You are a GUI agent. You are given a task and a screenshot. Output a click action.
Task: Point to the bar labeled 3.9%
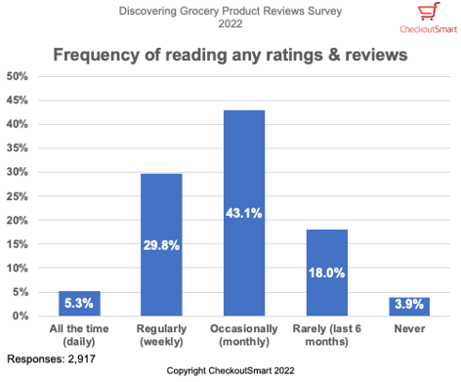pyautogui.click(x=409, y=307)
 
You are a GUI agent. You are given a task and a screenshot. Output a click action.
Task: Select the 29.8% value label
pyautogui.click(x=162, y=246)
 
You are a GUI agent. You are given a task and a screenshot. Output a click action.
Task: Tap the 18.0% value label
pyautogui.click(x=327, y=275)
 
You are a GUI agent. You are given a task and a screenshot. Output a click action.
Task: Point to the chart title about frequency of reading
pyautogui.click(x=230, y=53)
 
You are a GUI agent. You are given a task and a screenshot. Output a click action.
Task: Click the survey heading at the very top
pyautogui.click(x=230, y=17)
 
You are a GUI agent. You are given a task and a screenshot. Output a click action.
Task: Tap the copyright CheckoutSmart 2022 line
pyautogui.click(x=230, y=372)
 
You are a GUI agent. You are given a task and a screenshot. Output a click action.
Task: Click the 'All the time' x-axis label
pyautogui.click(x=79, y=334)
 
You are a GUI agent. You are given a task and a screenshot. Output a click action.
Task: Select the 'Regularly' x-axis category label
pyautogui.click(x=162, y=334)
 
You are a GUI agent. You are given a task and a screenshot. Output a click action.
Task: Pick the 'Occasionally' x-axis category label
pyautogui.click(x=244, y=334)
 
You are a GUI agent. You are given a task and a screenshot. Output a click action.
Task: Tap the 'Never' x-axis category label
pyautogui.click(x=409, y=329)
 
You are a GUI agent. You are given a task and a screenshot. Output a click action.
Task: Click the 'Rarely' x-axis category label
pyautogui.click(x=327, y=334)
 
